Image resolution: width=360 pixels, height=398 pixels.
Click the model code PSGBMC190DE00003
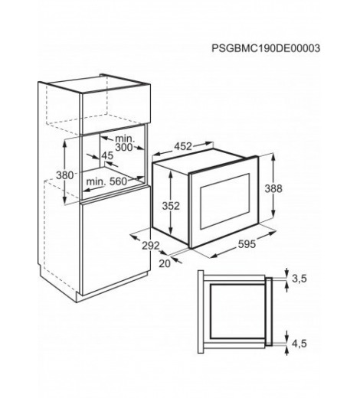[x=266, y=48]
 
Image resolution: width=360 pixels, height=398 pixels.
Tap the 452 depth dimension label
[x=183, y=146]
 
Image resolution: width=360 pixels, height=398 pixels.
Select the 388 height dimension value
[x=273, y=188]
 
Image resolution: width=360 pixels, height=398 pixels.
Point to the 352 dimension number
[x=171, y=206]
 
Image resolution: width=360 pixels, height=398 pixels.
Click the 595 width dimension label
[x=247, y=244]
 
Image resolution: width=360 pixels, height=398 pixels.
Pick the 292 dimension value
[x=151, y=246]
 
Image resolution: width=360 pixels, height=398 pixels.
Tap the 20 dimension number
[x=165, y=263]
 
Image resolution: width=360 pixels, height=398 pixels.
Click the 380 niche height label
[x=64, y=175]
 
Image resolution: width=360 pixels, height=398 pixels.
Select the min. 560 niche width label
[x=106, y=181]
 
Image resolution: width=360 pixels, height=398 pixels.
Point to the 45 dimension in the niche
[x=107, y=155]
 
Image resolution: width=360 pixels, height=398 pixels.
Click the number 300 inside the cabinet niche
[x=124, y=147]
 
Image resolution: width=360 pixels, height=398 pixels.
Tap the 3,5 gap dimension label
[x=299, y=279]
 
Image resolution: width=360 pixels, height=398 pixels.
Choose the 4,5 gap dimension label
[x=299, y=344]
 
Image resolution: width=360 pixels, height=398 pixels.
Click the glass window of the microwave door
[x=224, y=201]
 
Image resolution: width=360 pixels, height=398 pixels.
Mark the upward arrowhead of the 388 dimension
[x=273, y=158]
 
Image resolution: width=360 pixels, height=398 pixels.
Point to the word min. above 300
[x=125, y=139]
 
